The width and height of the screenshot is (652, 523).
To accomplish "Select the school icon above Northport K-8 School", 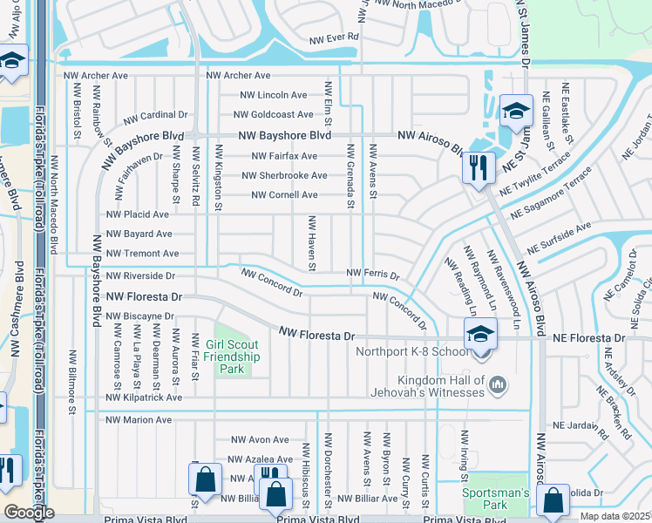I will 479,334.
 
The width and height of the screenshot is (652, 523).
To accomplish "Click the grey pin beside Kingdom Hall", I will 498,384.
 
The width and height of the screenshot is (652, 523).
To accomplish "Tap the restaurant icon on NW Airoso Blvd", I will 479,166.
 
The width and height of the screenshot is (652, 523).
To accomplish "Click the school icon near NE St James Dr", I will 516,110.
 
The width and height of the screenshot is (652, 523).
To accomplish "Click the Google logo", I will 28,513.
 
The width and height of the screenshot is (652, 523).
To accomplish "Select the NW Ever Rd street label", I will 334,37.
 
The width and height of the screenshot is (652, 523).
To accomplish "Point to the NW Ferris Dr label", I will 372,274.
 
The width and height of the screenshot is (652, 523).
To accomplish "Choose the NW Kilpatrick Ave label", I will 144,397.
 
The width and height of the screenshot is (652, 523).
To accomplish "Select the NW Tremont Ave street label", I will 141,254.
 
